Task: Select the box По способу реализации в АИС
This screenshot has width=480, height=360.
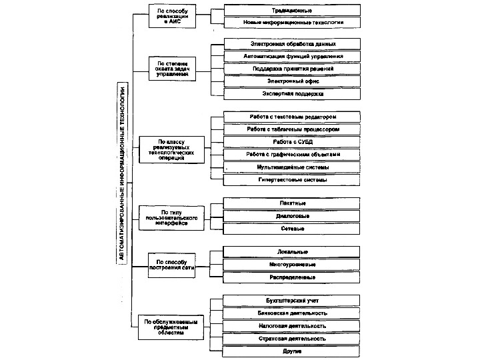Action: [173, 16]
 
